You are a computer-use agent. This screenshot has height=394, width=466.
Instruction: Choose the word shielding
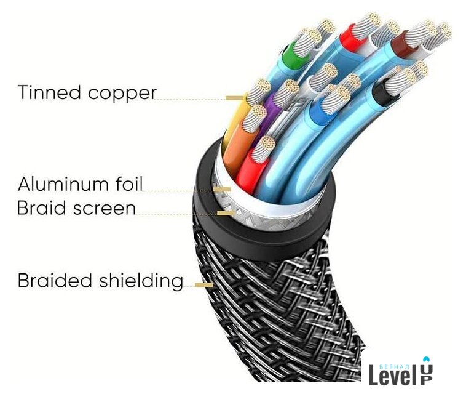coord(141,281)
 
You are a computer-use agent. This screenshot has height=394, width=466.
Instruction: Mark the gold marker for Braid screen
coord(226,212)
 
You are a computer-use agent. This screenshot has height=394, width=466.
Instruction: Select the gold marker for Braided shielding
coord(203,284)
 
